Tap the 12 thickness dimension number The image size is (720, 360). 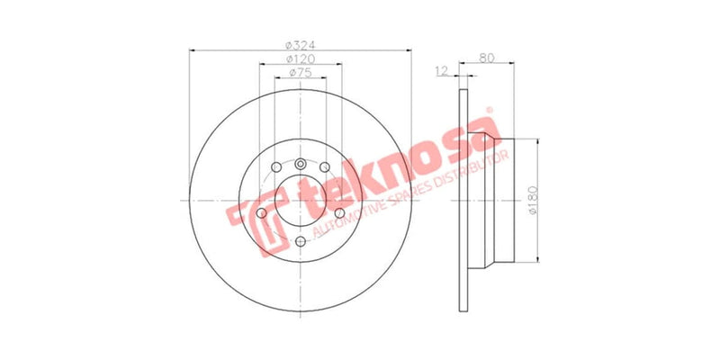pos(442,71)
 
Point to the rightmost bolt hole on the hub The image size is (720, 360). pos(339,213)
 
